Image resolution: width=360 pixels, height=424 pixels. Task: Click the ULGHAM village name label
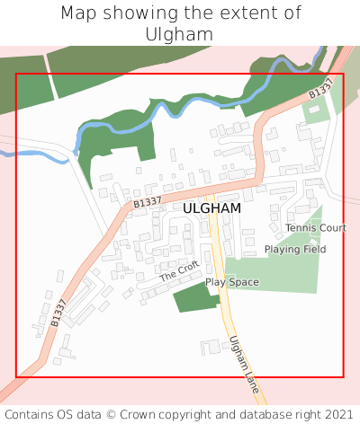tap(211, 208)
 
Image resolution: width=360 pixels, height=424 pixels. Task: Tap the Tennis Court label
tap(316, 228)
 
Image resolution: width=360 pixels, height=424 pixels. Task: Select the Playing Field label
tap(295, 249)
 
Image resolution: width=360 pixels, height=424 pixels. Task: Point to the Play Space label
tap(231, 282)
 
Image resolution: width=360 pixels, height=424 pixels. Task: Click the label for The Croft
tap(179, 271)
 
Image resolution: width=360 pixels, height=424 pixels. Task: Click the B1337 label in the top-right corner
tap(321, 88)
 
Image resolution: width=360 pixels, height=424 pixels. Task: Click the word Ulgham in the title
tap(180, 33)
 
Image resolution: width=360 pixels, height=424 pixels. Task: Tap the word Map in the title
tap(79, 13)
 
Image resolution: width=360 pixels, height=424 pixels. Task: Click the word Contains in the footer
tap(30, 414)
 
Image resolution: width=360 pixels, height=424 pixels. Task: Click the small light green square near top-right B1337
tap(315, 112)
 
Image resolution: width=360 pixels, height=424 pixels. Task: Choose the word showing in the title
tap(140, 13)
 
